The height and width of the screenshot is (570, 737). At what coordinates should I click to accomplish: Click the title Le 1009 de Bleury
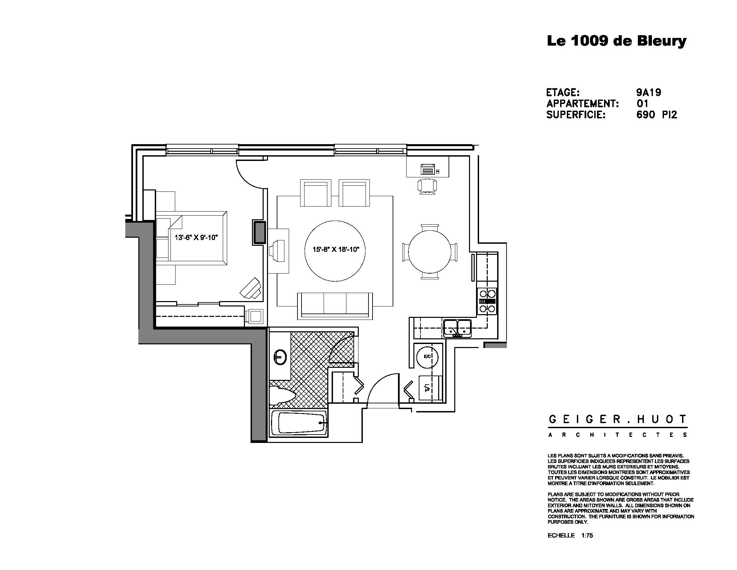coord(616,41)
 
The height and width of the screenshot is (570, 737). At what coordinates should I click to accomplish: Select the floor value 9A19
coord(648,92)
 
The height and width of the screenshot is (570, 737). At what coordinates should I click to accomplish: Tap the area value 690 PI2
coord(656,115)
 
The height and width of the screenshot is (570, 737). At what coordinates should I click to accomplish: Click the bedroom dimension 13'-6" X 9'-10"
coord(196,238)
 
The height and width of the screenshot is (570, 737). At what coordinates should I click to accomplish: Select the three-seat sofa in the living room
coord(335,305)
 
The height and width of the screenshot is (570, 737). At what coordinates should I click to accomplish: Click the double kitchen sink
coord(458,328)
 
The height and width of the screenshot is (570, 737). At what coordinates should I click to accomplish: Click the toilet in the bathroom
coord(282,395)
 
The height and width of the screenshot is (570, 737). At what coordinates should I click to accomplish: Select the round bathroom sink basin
coord(280,357)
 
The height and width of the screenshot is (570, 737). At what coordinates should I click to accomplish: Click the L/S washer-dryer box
coord(430,388)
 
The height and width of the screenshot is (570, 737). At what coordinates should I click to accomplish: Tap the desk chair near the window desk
coord(427,186)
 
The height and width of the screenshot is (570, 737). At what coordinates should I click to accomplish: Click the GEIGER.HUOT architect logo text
coord(617,420)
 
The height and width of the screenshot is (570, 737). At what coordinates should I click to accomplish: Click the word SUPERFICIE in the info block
coord(576,115)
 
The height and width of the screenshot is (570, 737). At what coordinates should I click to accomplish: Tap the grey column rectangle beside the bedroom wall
coord(260,232)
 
